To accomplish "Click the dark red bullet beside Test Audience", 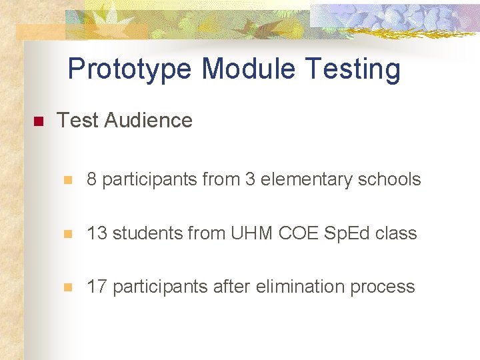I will (x=37, y=122).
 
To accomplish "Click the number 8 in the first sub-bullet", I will (x=92, y=179).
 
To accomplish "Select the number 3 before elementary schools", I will (x=251, y=179).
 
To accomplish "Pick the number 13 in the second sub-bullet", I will (x=97, y=233).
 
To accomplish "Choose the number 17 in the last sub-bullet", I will (x=97, y=287).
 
